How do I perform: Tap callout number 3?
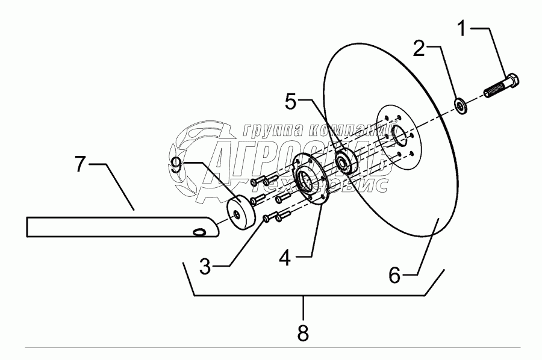205,267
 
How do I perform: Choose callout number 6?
394,275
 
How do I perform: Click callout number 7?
81,164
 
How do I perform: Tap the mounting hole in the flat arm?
198,232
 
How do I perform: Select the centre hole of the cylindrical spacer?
239,214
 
